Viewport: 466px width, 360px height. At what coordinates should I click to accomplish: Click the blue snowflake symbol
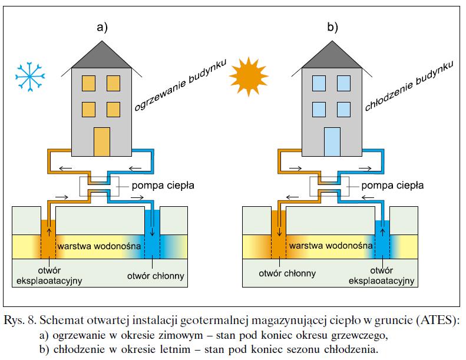point(30,77)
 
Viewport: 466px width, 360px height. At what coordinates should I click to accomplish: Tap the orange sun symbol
point(249,77)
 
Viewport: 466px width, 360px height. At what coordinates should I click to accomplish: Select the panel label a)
point(102,27)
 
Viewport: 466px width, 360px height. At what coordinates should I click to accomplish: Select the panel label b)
point(332,27)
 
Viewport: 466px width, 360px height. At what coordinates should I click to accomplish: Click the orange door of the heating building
point(102,142)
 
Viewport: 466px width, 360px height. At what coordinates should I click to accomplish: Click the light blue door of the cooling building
point(332,142)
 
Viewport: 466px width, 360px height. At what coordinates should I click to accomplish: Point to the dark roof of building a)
point(102,55)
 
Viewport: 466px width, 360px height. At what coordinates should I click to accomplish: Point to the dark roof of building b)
point(332,55)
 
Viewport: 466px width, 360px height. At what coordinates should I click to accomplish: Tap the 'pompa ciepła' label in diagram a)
point(163,186)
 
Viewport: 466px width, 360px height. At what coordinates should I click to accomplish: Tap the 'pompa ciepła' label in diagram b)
point(392,186)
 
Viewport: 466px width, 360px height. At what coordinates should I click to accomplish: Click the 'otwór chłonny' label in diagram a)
point(156,276)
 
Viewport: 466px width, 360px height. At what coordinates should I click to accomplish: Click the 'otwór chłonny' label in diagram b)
point(287,273)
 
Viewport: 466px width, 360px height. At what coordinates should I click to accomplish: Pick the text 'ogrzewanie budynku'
point(180,85)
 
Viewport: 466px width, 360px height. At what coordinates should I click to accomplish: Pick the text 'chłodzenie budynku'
point(409,85)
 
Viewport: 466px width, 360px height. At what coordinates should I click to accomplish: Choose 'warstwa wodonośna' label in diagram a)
point(99,246)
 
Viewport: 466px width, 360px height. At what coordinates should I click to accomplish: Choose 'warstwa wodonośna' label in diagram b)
point(331,246)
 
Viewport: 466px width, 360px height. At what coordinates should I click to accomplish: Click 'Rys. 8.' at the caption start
point(20,321)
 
